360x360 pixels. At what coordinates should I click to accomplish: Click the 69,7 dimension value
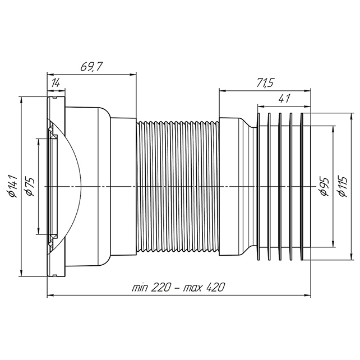point(90,67)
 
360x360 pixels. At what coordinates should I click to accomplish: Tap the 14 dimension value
point(56,83)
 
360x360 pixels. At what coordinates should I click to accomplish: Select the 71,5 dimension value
point(265,83)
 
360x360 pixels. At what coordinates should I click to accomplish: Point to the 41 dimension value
point(284,99)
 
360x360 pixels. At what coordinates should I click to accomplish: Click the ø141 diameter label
point(13,186)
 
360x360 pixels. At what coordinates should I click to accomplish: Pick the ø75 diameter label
point(30,186)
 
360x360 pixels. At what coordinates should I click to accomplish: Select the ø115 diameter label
point(343,186)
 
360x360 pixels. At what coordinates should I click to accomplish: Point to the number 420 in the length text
point(214,287)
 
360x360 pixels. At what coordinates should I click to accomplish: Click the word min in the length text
point(140,288)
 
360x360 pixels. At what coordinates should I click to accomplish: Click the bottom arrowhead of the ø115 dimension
point(351,257)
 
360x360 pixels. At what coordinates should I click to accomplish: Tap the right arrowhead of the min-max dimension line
point(307,296)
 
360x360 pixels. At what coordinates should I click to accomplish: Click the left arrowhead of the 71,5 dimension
point(223,91)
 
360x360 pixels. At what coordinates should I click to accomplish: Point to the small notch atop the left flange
point(54,98)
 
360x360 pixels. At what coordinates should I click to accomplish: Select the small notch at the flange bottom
point(54,275)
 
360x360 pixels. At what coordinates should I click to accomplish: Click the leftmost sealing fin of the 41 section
point(259,186)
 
